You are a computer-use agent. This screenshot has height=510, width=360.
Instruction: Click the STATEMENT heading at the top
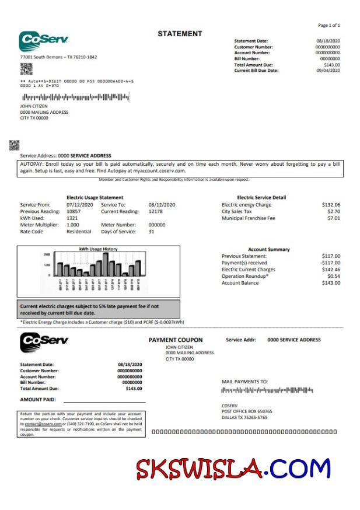(x=180, y=34)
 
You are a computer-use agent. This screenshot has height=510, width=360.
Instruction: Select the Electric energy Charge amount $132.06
(x=331, y=205)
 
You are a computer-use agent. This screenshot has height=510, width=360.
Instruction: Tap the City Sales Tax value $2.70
(x=333, y=211)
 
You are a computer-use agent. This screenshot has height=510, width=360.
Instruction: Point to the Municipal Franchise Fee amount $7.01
(x=333, y=218)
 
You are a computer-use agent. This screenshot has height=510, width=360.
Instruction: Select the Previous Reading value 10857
(x=75, y=211)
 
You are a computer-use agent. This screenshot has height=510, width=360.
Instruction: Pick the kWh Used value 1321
(x=72, y=218)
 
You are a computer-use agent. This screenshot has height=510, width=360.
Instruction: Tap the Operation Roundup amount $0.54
(x=333, y=276)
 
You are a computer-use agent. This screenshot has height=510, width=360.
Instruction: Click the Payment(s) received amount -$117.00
(x=330, y=263)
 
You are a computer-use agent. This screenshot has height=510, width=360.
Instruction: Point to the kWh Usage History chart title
(x=98, y=249)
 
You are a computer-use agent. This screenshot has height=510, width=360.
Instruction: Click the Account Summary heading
(x=268, y=249)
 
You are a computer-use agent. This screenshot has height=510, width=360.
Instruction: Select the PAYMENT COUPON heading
(x=176, y=340)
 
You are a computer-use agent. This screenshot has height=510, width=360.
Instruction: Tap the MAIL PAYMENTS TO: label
(x=244, y=382)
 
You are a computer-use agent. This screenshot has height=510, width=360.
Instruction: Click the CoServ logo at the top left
(x=44, y=41)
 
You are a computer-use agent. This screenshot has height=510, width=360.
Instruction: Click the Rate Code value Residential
(x=79, y=232)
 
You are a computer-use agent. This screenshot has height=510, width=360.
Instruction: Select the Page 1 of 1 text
(x=328, y=26)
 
